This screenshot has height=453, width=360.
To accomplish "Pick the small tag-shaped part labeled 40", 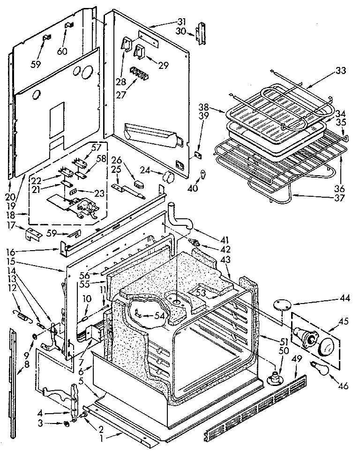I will pyautogui.click(x=202, y=174).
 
